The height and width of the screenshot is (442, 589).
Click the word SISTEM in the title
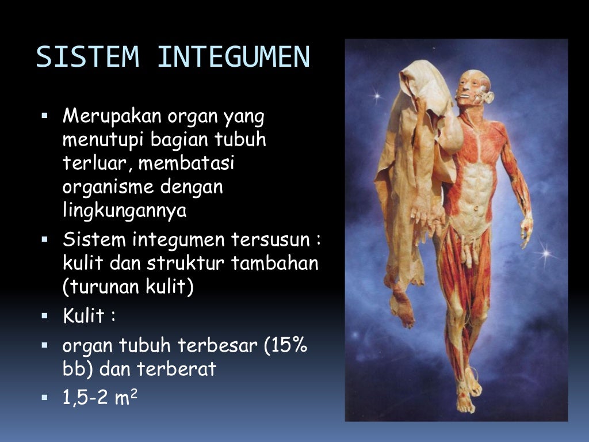click(88, 57)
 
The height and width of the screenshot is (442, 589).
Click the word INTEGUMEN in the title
click(234, 57)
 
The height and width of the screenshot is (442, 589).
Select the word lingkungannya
click(125, 211)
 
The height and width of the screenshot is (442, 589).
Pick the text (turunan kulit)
click(128, 286)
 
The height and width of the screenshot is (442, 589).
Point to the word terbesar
click(219, 346)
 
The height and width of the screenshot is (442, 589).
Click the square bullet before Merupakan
click(45, 117)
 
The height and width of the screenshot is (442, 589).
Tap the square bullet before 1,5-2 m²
click(45, 398)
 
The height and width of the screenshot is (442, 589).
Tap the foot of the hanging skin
click(403, 308)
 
